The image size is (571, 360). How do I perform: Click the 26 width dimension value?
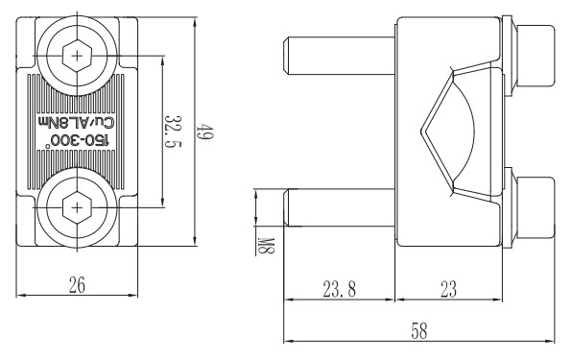(x=77, y=284)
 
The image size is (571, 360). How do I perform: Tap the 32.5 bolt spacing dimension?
(x=173, y=132)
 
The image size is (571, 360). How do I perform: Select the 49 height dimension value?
(x=205, y=132)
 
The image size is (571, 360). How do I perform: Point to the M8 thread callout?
(x=266, y=245)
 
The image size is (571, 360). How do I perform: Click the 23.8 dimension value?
(x=339, y=289)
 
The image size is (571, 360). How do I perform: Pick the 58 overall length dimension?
(x=418, y=331)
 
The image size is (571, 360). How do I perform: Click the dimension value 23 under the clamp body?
(x=448, y=289)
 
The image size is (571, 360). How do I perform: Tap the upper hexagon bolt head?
(x=77, y=56)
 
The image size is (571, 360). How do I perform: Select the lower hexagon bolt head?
(x=77, y=208)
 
